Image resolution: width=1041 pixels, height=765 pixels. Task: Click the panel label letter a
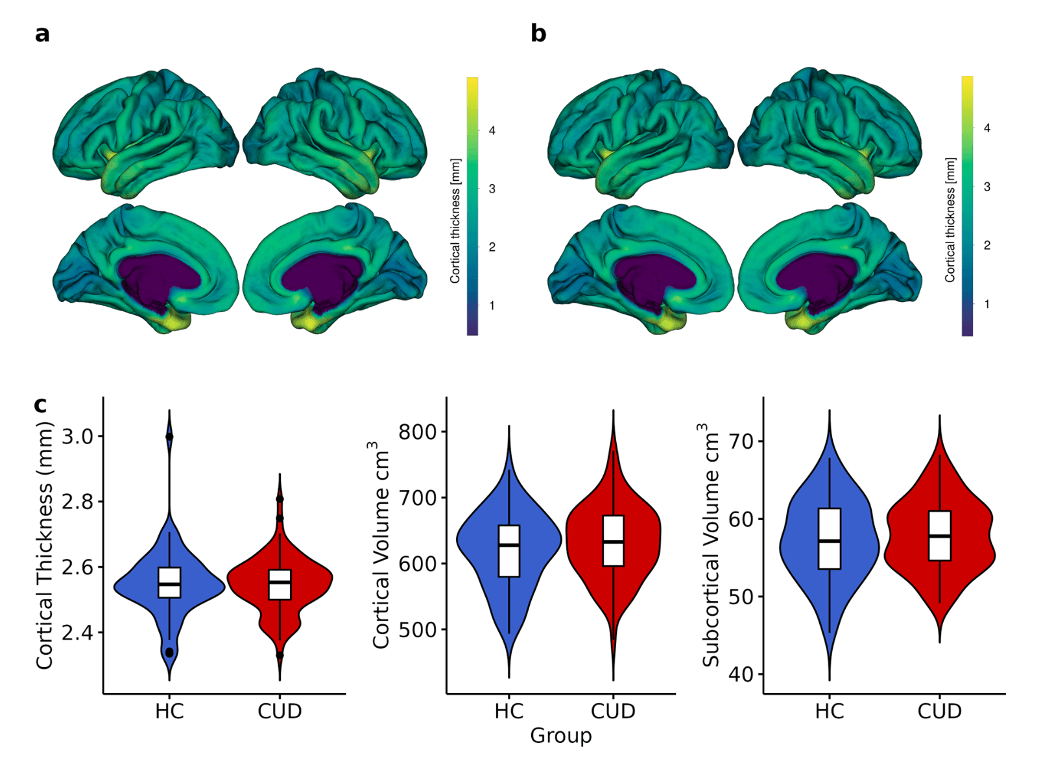[x=42, y=34]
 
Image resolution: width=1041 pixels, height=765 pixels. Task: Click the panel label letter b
[x=538, y=34]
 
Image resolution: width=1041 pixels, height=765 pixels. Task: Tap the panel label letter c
[x=40, y=405]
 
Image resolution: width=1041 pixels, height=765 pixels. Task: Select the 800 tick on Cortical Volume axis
[x=422, y=432]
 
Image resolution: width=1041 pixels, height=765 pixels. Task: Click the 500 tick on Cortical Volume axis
[x=422, y=630]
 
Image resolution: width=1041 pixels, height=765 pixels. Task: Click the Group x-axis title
[x=560, y=736]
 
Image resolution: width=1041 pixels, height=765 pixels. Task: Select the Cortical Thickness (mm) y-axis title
[x=44, y=546]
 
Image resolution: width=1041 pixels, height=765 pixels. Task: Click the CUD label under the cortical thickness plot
[x=280, y=712]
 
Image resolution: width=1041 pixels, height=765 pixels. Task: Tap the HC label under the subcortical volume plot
[x=829, y=712]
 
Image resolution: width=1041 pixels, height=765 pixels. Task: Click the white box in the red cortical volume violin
[x=613, y=541]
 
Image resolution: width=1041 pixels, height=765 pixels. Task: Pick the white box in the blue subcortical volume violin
[x=829, y=539]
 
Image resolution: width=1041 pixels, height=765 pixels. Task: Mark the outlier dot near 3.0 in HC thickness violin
[x=169, y=437]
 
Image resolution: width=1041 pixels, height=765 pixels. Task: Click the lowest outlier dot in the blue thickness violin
[x=169, y=652]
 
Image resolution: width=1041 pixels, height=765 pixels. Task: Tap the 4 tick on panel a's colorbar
[x=492, y=131]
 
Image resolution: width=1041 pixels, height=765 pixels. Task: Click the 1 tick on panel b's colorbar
[x=987, y=304]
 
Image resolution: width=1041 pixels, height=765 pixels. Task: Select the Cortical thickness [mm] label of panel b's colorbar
[x=950, y=220]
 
